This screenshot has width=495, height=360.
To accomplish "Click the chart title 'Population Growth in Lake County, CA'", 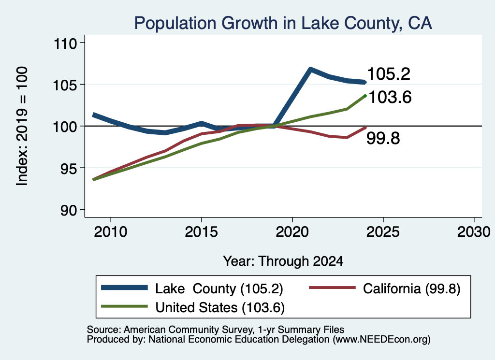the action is coord(283,23).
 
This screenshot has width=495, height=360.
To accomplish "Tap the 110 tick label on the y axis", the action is coord(66,43).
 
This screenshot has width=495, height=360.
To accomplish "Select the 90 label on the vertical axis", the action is coord(69,210).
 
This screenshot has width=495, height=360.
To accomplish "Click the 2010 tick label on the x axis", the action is coord(111,232).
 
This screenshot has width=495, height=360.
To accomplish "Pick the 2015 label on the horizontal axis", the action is coord(202,232).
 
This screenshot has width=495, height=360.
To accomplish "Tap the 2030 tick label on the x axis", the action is coord(474,232).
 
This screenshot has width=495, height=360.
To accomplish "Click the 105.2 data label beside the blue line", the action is coord(389,74).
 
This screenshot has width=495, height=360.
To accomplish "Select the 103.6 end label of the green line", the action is coord(390,97).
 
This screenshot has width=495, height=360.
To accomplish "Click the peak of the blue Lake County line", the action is coord(311,69).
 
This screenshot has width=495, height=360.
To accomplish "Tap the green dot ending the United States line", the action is coord(365,96).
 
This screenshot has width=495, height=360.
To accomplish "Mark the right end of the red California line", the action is coord(365,128).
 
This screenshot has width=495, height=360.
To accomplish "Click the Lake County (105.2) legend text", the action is coord(219,288).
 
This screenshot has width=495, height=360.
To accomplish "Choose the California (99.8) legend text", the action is coord(412,288).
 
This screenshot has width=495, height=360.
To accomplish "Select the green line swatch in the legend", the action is coord(124,306).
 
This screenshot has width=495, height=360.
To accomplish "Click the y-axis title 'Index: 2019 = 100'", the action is coord(22,126).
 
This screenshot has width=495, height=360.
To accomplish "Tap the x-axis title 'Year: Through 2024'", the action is coord(283,261).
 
